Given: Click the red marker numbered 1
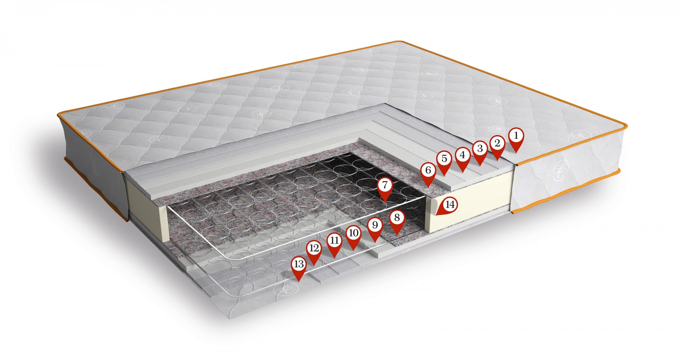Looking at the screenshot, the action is pyautogui.click(x=516, y=140).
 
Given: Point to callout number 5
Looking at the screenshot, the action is pyautogui.click(x=444, y=163).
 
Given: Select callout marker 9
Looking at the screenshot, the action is pyautogui.click(x=375, y=229).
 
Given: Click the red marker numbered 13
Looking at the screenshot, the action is pyautogui.click(x=299, y=268).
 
